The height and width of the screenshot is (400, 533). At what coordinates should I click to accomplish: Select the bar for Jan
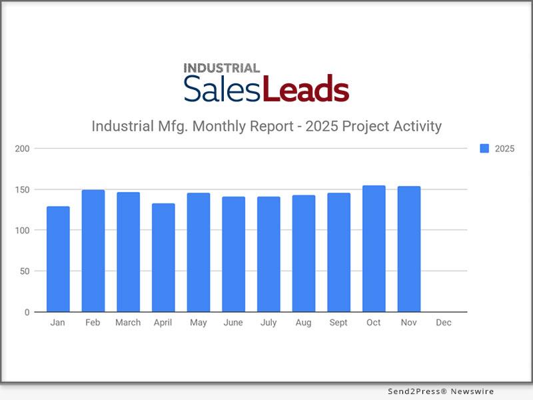pyautogui.click(x=58, y=259)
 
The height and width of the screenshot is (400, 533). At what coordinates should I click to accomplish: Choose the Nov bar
pyautogui.click(x=408, y=249)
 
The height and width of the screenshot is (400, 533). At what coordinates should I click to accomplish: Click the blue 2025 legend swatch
pyautogui.click(x=484, y=149)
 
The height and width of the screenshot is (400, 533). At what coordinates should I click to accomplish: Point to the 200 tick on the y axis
pyautogui.click(x=23, y=148)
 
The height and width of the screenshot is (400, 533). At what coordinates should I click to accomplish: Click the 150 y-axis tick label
pyautogui.click(x=23, y=189)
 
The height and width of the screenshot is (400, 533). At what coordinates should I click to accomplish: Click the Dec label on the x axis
pyautogui.click(x=443, y=323)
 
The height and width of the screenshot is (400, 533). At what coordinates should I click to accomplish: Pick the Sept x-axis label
pyautogui.click(x=338, y=323)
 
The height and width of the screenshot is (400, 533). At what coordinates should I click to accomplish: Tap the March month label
pyautogui.click(x=128, y=323)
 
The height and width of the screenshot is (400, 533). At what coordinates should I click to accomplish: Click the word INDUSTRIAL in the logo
pyautogui.click(x=221, y=68)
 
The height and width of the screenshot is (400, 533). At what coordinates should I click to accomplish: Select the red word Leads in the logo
pyautogui.click(x=306, y=89)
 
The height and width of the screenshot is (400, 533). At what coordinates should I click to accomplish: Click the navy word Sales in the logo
pyautogui.click(x=223, y=89)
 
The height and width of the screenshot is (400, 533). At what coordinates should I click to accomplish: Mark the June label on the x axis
pyautogui.click(x=233, y=323)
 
